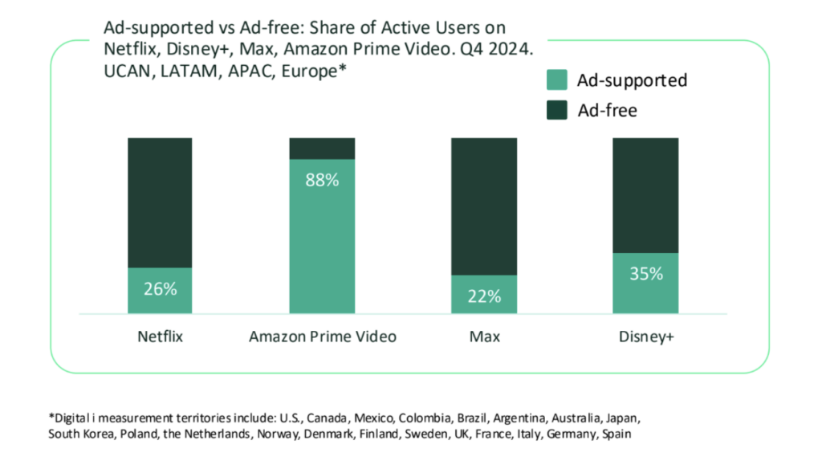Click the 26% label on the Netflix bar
coord(161,289)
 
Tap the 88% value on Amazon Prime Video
coord(322,180)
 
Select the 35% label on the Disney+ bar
coord(645,274)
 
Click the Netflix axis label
coord(161,337)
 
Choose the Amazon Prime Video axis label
coord(322,337)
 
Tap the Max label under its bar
coord(484,337)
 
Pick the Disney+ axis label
coord(645,337)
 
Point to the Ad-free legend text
coord(607,110)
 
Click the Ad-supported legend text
coord(632,80)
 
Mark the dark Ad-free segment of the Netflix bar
coord(161,201)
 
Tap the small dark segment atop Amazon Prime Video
coord(322,148)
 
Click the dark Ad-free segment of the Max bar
coord(484,205)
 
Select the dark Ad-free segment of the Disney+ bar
coord(645,194)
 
